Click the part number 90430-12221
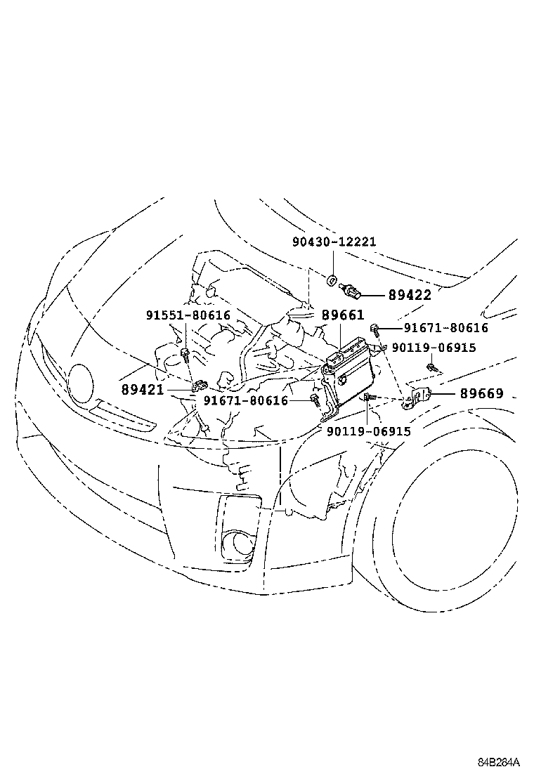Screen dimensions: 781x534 pyautogui.click(x=334, y=242)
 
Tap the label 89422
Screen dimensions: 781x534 pyautogui.click(x=410, y=296)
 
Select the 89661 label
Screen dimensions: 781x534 pyautogui.click(x=344, y=316)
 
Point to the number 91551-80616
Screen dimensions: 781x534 pyautogui.click(x=188, y=315)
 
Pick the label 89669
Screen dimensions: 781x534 pyautogui.click(x=482, y=394)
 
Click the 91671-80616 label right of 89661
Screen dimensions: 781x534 pyautogui.click(x=445, y=328)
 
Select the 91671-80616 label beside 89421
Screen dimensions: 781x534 pyautogui.click(x=246, y=400)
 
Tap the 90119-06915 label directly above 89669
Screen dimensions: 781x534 pyautogui.click(x=434, y=348)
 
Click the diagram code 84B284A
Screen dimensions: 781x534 pyautogui.click(x=499, y=762)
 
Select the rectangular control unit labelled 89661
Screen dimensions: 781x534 pyautogui.click(x=351, y=372)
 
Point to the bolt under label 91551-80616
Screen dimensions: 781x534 pyautogui.click(x=185, y=356)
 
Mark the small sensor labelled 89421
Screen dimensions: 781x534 pyautogui.click(x=199, y=385)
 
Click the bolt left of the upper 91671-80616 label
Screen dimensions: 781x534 pyautogui.click(x=376, y=327)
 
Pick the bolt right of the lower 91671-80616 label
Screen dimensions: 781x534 pyautogui.click(x=315, y=401)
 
